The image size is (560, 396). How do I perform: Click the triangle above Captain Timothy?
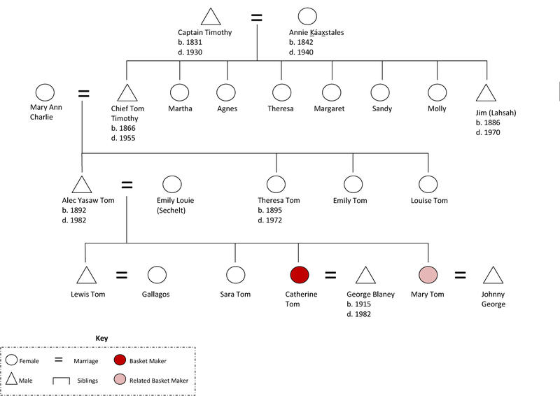211,18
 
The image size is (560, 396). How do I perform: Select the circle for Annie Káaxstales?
308,17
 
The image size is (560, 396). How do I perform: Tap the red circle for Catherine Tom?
300,275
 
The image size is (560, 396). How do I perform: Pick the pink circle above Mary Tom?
428,275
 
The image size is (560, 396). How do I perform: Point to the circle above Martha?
180,93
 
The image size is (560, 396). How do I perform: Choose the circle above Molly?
437,93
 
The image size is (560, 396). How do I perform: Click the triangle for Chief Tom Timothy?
126,93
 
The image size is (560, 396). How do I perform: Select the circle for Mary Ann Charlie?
45,93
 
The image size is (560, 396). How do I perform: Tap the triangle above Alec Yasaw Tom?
82,185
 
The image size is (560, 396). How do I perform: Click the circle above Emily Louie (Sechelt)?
172,185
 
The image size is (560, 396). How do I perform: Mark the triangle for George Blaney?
365,276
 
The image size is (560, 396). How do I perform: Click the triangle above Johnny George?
493,276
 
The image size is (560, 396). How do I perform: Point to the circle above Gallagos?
157,275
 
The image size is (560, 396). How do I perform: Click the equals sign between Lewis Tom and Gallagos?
121,275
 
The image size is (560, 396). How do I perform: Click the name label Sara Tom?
235,295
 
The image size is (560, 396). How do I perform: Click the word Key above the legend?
101,337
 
